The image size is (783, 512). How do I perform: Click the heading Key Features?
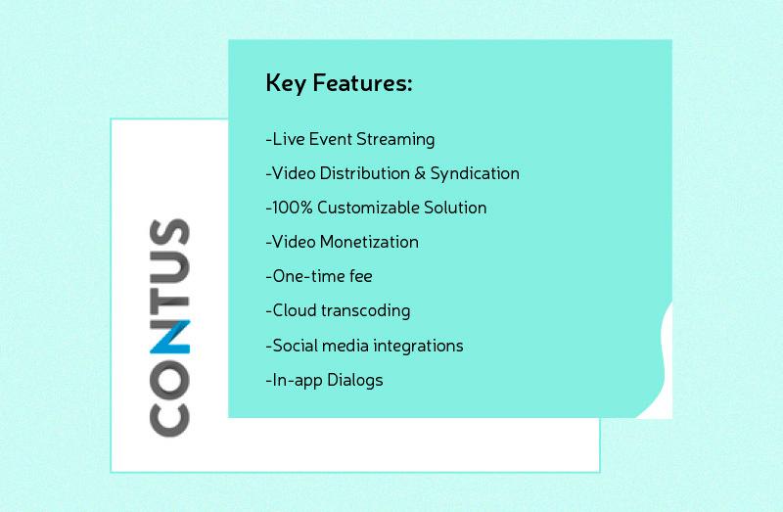pyautogui.click(x=339, y=84)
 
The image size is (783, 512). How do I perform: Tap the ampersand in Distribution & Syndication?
pyautogui.click(x=420, y=173)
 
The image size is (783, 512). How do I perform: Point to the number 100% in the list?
pyautogui.click(x=293, y=208)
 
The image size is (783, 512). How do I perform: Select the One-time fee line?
pyautogui.click(x=319, y=276)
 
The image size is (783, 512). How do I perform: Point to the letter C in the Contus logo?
pyautogui.click(x=169, y=416)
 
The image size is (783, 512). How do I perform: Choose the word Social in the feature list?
pyautogui.click(x=296, y=346)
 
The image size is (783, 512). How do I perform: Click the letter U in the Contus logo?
pyautogui.click(x=169, y=266)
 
